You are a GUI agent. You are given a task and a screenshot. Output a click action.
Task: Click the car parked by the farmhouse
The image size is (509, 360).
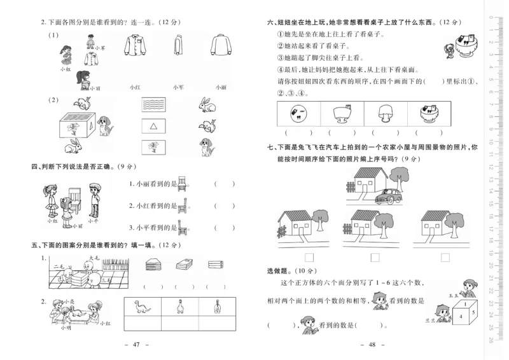click(387, 197)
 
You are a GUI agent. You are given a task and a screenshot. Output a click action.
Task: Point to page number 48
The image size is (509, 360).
click(369, 345)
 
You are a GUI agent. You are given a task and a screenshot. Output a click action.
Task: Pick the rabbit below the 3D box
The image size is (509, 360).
click(75, 148)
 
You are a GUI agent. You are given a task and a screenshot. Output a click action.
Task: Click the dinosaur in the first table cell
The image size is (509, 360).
click(141, 308)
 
